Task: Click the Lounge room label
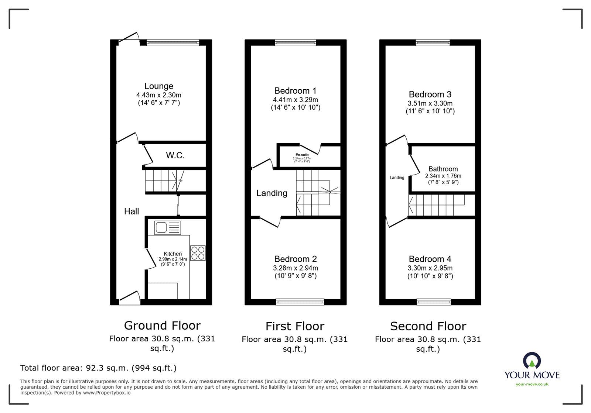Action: pos(158,86)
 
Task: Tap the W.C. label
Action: pos(175,155)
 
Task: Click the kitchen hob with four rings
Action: pos(198,253)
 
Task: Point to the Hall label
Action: pos(131,211)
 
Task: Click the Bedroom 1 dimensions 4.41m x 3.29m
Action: pos(295,100)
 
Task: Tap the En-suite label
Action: pos(302,155)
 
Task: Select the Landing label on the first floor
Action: pos(271,193)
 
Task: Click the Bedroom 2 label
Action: pos(295,259)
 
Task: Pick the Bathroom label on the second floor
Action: pos(443,169)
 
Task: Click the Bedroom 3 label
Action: pos(430,94)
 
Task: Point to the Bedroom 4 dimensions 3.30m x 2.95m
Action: pos(430,268)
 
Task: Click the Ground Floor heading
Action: pos(162,326)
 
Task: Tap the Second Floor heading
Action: pos(428,326)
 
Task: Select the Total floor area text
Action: pos(98,368)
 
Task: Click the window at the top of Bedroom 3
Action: pos(433,43)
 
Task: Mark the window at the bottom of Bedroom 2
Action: pos(300,302)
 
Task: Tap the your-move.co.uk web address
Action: pos(532,384)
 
